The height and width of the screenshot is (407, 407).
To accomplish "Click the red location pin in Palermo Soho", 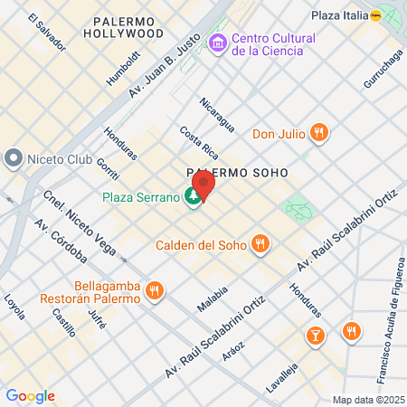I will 204,185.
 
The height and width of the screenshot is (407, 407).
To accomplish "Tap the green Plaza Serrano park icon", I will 193,196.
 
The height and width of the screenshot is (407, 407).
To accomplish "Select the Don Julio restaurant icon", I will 317,134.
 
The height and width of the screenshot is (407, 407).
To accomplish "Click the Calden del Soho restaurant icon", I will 260,243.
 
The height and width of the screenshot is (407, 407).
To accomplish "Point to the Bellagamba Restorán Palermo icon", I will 155,291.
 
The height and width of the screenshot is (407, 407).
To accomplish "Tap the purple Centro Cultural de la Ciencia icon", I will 217,43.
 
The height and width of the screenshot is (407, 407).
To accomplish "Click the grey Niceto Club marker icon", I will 13,159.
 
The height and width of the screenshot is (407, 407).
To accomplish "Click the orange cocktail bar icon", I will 315,336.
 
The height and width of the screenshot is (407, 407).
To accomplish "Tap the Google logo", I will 30,396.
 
